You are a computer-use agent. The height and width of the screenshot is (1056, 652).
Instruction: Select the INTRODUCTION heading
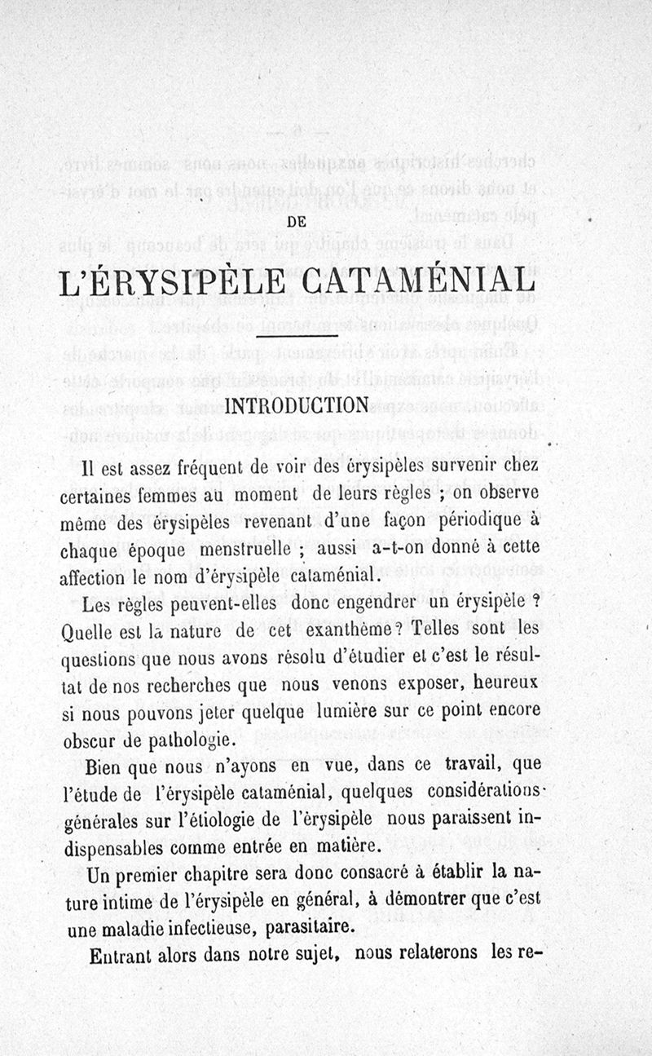(297, 405)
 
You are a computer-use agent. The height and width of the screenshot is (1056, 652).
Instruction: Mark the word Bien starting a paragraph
(104, 766)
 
